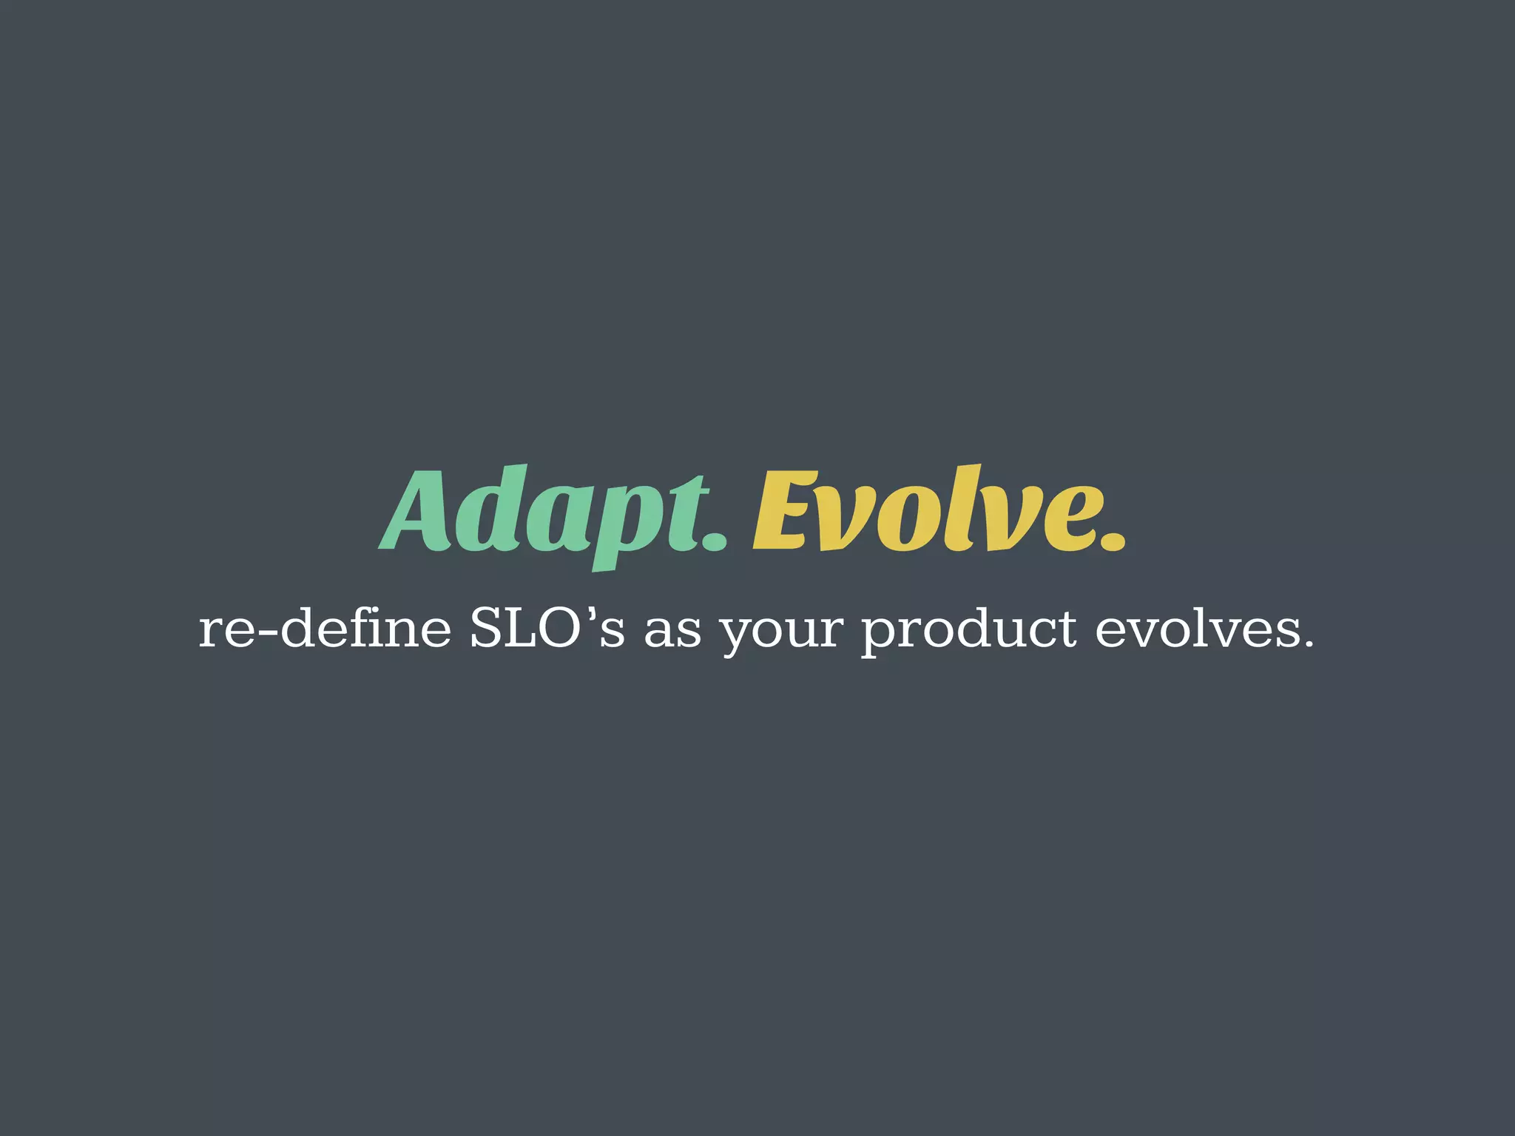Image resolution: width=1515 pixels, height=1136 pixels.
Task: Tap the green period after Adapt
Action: pyautogui.click(x=714, y=539)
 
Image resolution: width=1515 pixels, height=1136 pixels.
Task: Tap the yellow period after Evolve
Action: pyautogui.click(x=1112, y=539)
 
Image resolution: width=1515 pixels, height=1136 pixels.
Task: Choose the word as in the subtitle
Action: pyautogui.click(x=672, y=635)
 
